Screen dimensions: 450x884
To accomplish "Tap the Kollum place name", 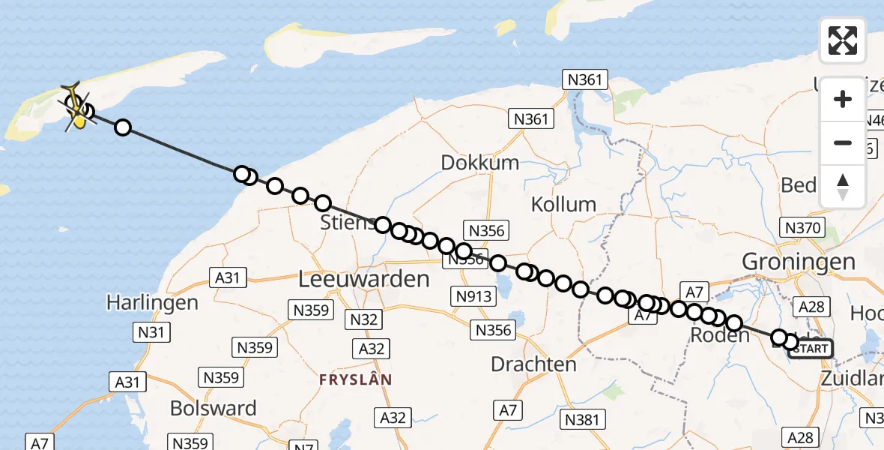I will pos(563,204).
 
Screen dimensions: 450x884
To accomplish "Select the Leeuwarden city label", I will pos(364,280).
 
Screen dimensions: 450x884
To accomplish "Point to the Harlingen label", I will pos(152,303).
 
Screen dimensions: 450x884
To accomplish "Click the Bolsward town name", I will pos(214,408).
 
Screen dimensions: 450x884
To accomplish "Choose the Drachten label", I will pos(533,364).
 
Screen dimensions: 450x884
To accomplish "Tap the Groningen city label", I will pos(798,262).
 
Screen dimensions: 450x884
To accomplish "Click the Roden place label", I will pos(720,334).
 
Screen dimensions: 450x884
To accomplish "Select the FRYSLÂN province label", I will pos(355,379).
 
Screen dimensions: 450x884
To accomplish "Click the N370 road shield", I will pos(802,228).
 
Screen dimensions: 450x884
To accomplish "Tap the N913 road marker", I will pos(474,296).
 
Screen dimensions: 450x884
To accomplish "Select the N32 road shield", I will pos(362,320).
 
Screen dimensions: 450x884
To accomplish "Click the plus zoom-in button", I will pos(843,99).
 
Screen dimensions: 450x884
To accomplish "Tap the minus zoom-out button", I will pos(843,142).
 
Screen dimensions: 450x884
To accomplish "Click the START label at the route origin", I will pos(810,349).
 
